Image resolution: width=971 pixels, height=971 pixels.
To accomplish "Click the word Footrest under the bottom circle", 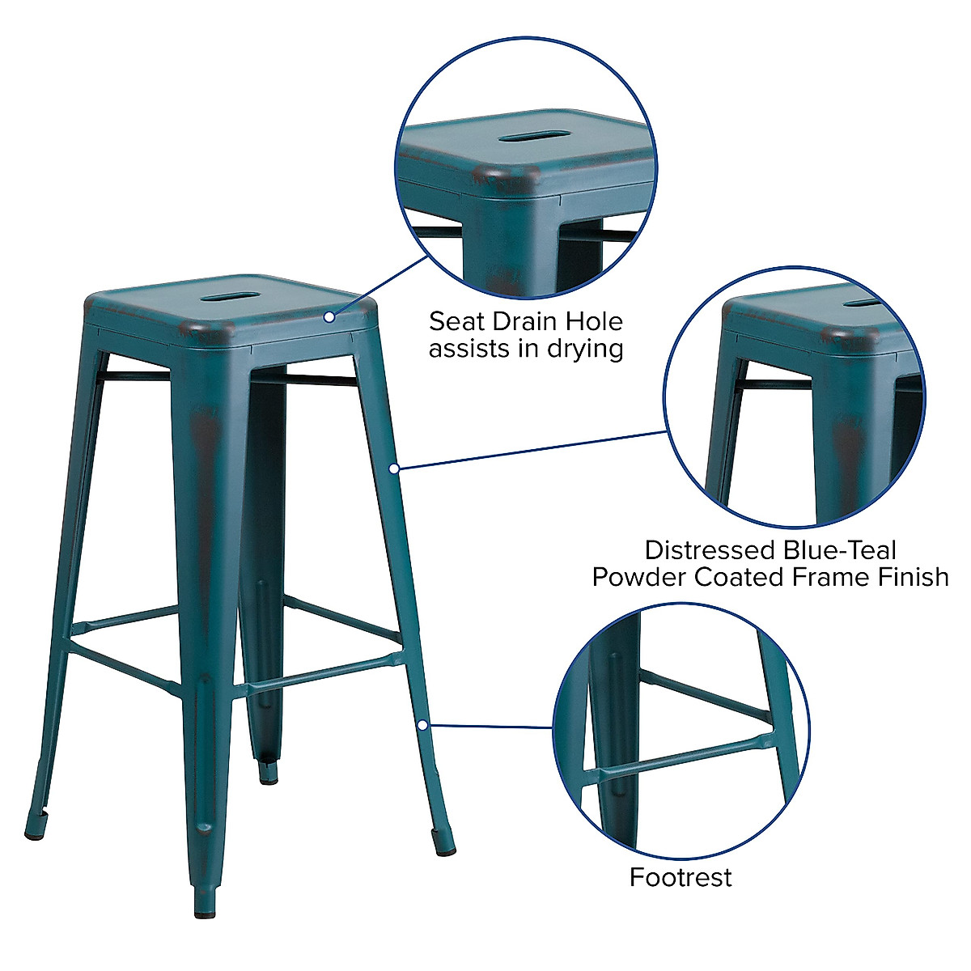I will tap(681, 877).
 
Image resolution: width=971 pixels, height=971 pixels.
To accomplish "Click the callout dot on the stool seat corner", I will tap(329, 317).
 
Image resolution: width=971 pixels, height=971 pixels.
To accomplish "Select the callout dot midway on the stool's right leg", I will tap(394, 468).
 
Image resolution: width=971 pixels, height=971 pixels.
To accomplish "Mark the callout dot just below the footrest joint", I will tap(422, 725).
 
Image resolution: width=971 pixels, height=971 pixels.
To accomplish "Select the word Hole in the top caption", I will tap(595, 321).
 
